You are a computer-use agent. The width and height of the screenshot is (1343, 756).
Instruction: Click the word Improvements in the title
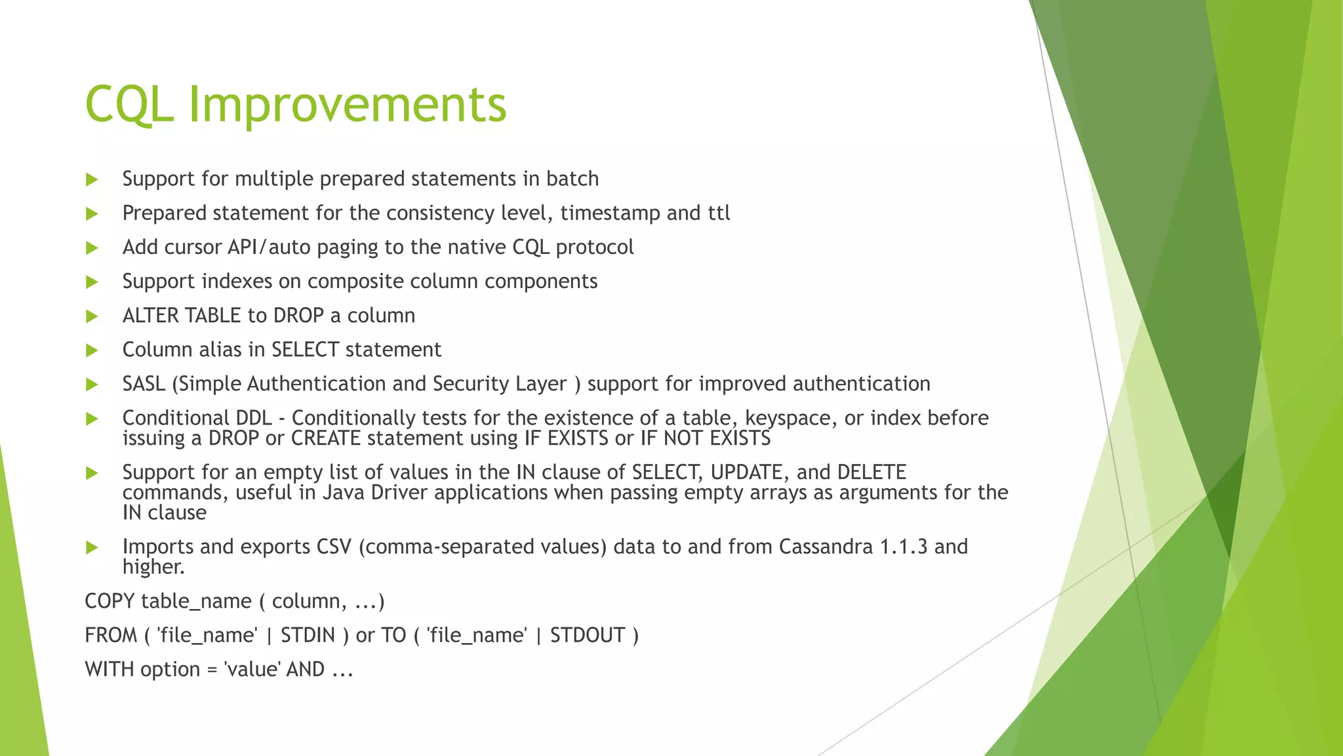[348, 105]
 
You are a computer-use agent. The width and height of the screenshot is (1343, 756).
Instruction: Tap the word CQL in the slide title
[129, 105]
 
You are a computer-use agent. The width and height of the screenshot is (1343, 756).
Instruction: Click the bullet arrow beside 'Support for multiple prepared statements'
[92, 180]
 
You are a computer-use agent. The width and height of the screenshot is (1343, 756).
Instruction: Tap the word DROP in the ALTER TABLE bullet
[298, 316]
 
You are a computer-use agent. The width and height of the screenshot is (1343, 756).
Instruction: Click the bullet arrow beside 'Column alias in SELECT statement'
[92, 350]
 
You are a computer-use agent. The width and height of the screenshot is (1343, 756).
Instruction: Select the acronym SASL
[144, 383]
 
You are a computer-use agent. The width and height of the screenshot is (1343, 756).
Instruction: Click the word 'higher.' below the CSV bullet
[153, 567]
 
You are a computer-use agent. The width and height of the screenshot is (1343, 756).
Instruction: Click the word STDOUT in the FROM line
[587, 635]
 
